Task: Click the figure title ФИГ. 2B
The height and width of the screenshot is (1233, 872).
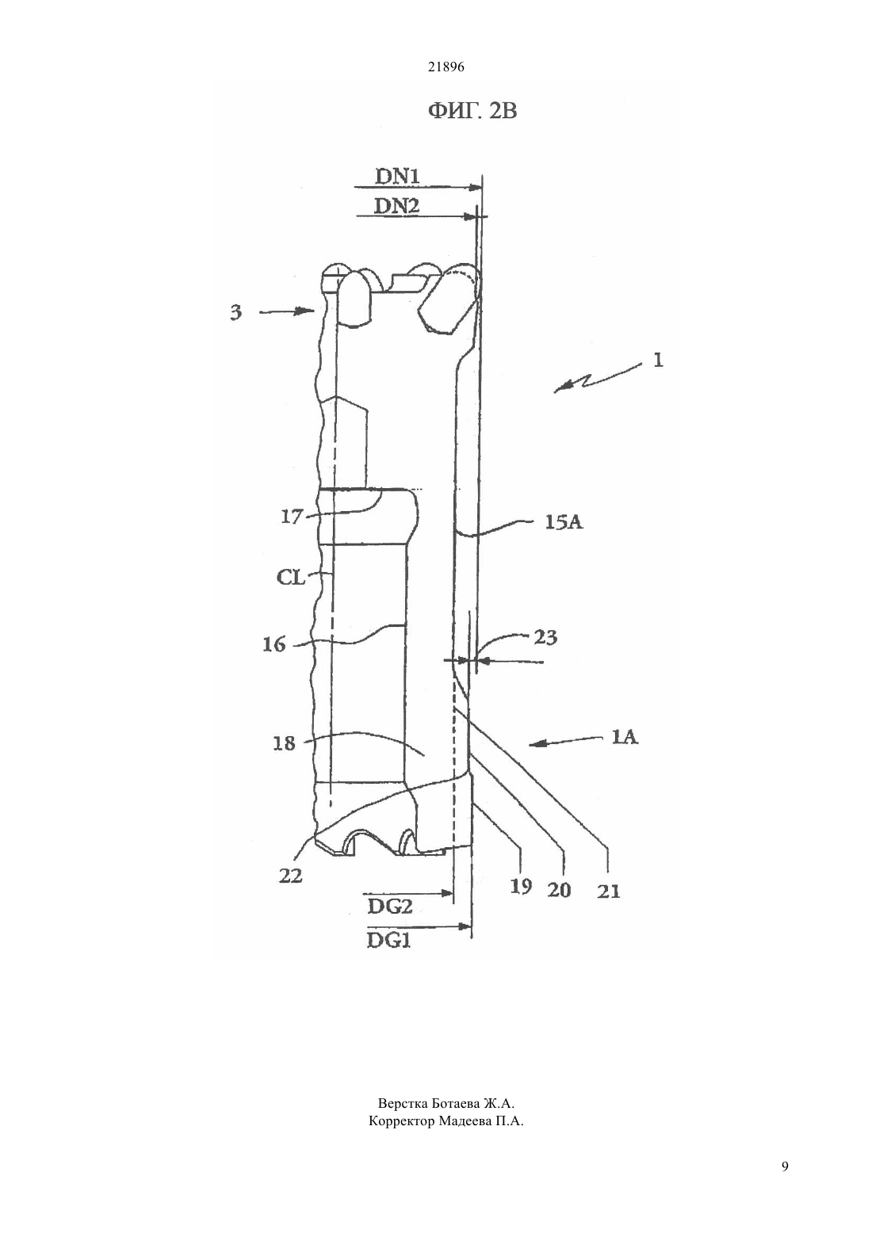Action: [472, 112]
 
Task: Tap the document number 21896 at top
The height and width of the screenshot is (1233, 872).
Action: [446, 67]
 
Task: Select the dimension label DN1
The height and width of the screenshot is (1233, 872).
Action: [397, 176]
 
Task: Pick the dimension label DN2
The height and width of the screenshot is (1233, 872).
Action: [397, 206]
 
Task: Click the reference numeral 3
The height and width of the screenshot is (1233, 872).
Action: [235, 313]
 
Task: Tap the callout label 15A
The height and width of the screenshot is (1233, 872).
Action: [564, 522]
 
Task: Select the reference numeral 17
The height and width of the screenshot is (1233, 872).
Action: [293, 517]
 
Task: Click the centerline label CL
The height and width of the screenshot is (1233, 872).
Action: [291, 578]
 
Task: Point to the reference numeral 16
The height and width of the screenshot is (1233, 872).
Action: [274, 644]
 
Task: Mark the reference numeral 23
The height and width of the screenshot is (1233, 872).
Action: [545, 638]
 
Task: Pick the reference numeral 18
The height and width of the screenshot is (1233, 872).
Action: [284, 743]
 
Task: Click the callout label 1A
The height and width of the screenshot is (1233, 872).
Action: [625, 737]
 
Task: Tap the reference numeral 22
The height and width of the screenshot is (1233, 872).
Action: [291, 875]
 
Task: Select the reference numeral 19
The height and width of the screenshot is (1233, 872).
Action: [521, 886]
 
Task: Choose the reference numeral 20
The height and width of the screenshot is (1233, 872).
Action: [560, 890]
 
